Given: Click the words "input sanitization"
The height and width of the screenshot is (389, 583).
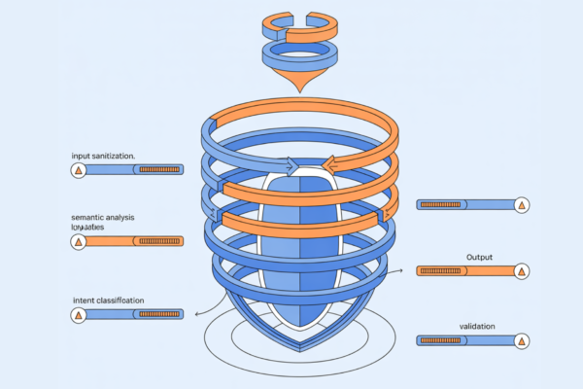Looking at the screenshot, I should pyautogui.click(x=103, y=156).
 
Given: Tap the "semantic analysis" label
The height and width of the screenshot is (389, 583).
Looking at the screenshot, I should pyautogui.click(x=104, y=216).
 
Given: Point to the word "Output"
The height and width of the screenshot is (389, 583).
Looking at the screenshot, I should pyautogui.click(x=480, y=257).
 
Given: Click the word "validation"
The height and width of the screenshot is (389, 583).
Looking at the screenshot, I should pyautogui.click(x=478, y=326).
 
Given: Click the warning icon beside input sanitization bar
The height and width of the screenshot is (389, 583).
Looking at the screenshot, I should pyautogui.click(x=78, y=170).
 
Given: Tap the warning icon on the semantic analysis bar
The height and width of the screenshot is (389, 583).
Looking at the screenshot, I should pyautogui.click(x=78, y=240).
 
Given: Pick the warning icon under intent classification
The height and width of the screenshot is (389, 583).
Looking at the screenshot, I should pyautogui.click(x=78, y=315).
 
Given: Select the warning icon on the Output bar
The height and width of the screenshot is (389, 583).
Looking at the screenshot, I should pyautogui.click(x=522, y=271).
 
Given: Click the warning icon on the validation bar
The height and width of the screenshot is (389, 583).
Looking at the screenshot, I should pyautogui.click(x=522, y=341).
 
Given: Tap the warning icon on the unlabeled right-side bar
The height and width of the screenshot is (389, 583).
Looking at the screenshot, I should pyautogui.click(x=522, y=205).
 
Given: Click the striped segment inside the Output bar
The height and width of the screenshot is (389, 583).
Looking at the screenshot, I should pyautogui.click(x=443, y=271).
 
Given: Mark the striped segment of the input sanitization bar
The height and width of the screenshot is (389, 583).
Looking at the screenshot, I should pyautogui.click(x=158, y=170).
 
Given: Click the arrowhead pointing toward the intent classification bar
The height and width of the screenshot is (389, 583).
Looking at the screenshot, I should pyautogui.click(x=198, y=313).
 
